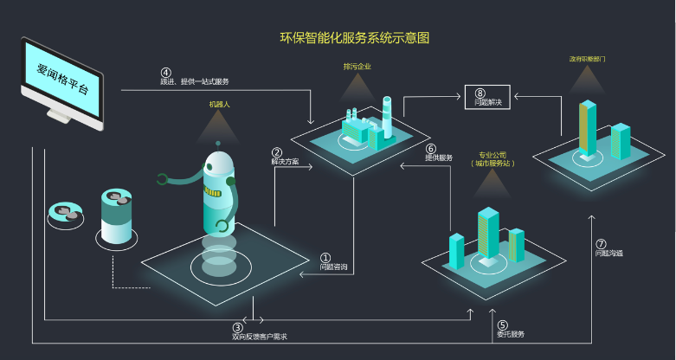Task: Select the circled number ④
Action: [166, 72]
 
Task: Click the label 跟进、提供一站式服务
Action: [195, 81]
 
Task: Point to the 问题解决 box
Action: [488, 98]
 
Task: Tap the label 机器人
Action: [219, 104]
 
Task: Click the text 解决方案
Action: [285, 163]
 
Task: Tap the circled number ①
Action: [325, 257]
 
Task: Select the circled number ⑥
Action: [430, 148]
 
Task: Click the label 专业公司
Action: [492, 156]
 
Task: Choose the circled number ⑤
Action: [502, 325]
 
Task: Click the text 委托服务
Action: [510, 334]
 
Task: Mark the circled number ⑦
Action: [601, 244]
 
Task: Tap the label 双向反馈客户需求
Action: [259, 337]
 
